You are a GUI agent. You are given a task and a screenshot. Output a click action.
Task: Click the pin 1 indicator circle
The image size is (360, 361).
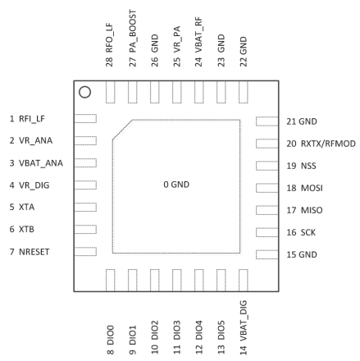click(85, 93)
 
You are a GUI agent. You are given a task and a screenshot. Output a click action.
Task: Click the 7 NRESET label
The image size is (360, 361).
click(30, 252)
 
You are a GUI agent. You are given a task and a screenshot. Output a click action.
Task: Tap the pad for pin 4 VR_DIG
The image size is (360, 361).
click(85, 185)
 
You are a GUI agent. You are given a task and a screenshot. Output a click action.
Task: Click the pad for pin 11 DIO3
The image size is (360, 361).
click(177, 279)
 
